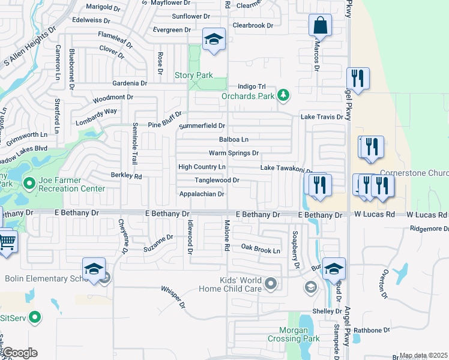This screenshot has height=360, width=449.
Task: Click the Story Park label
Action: pyautogui.click(x=193, y=76)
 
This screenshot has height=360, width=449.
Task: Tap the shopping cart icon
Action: pyautogui.click(x=6, y=242)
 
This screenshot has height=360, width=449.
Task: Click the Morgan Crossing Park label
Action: pyautogui.click(x=299, y=334)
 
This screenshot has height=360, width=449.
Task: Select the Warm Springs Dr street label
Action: pyautogui.click(x=234, y=154)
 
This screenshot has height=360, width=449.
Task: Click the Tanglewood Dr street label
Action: pyautogui.click(x=217, y=180)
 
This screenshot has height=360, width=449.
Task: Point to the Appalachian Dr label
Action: pyautogui.click(x=202, y=194)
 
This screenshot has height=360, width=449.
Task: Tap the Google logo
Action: pyautogui.click(x=19, y=353)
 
